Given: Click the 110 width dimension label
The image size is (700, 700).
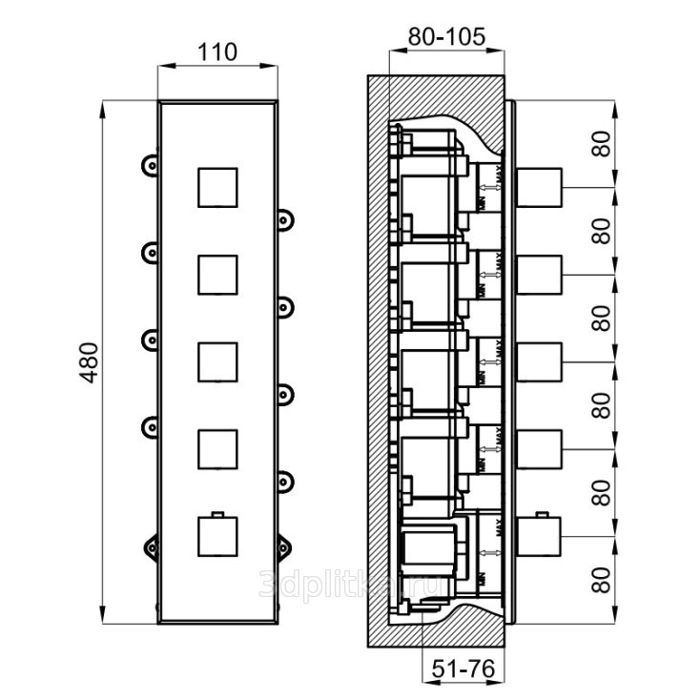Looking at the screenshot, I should click(x=218, y=51).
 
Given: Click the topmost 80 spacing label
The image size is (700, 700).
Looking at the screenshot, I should click(x=600, y=144).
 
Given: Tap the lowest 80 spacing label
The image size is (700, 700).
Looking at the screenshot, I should click(x=600, y=579).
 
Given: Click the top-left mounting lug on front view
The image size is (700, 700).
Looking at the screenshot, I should click(x=151, y=165).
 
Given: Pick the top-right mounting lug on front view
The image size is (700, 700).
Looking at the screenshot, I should click(x=285, y=218).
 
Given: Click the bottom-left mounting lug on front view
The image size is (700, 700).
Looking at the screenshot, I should click(x=151, y=545).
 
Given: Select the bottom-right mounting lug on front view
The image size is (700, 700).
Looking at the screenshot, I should click(x=285, y=545).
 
